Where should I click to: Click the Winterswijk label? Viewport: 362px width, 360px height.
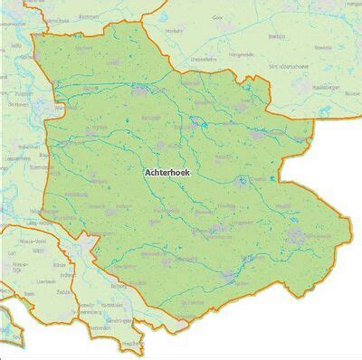(x=299, y=237)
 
